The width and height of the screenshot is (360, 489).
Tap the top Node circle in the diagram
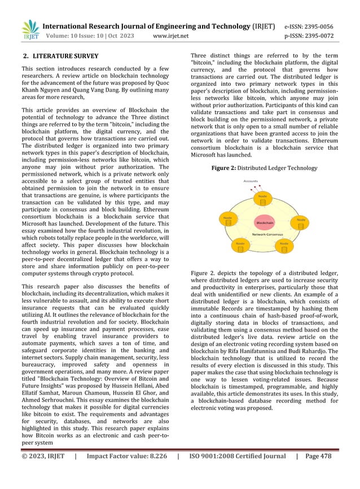coord(262,199)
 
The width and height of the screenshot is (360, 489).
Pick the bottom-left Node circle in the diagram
coord(240,246)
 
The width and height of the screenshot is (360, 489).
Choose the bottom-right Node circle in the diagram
coord(284,246)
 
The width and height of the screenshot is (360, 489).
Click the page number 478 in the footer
coord(341,472)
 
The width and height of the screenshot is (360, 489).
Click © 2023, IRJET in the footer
coord(42,472)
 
